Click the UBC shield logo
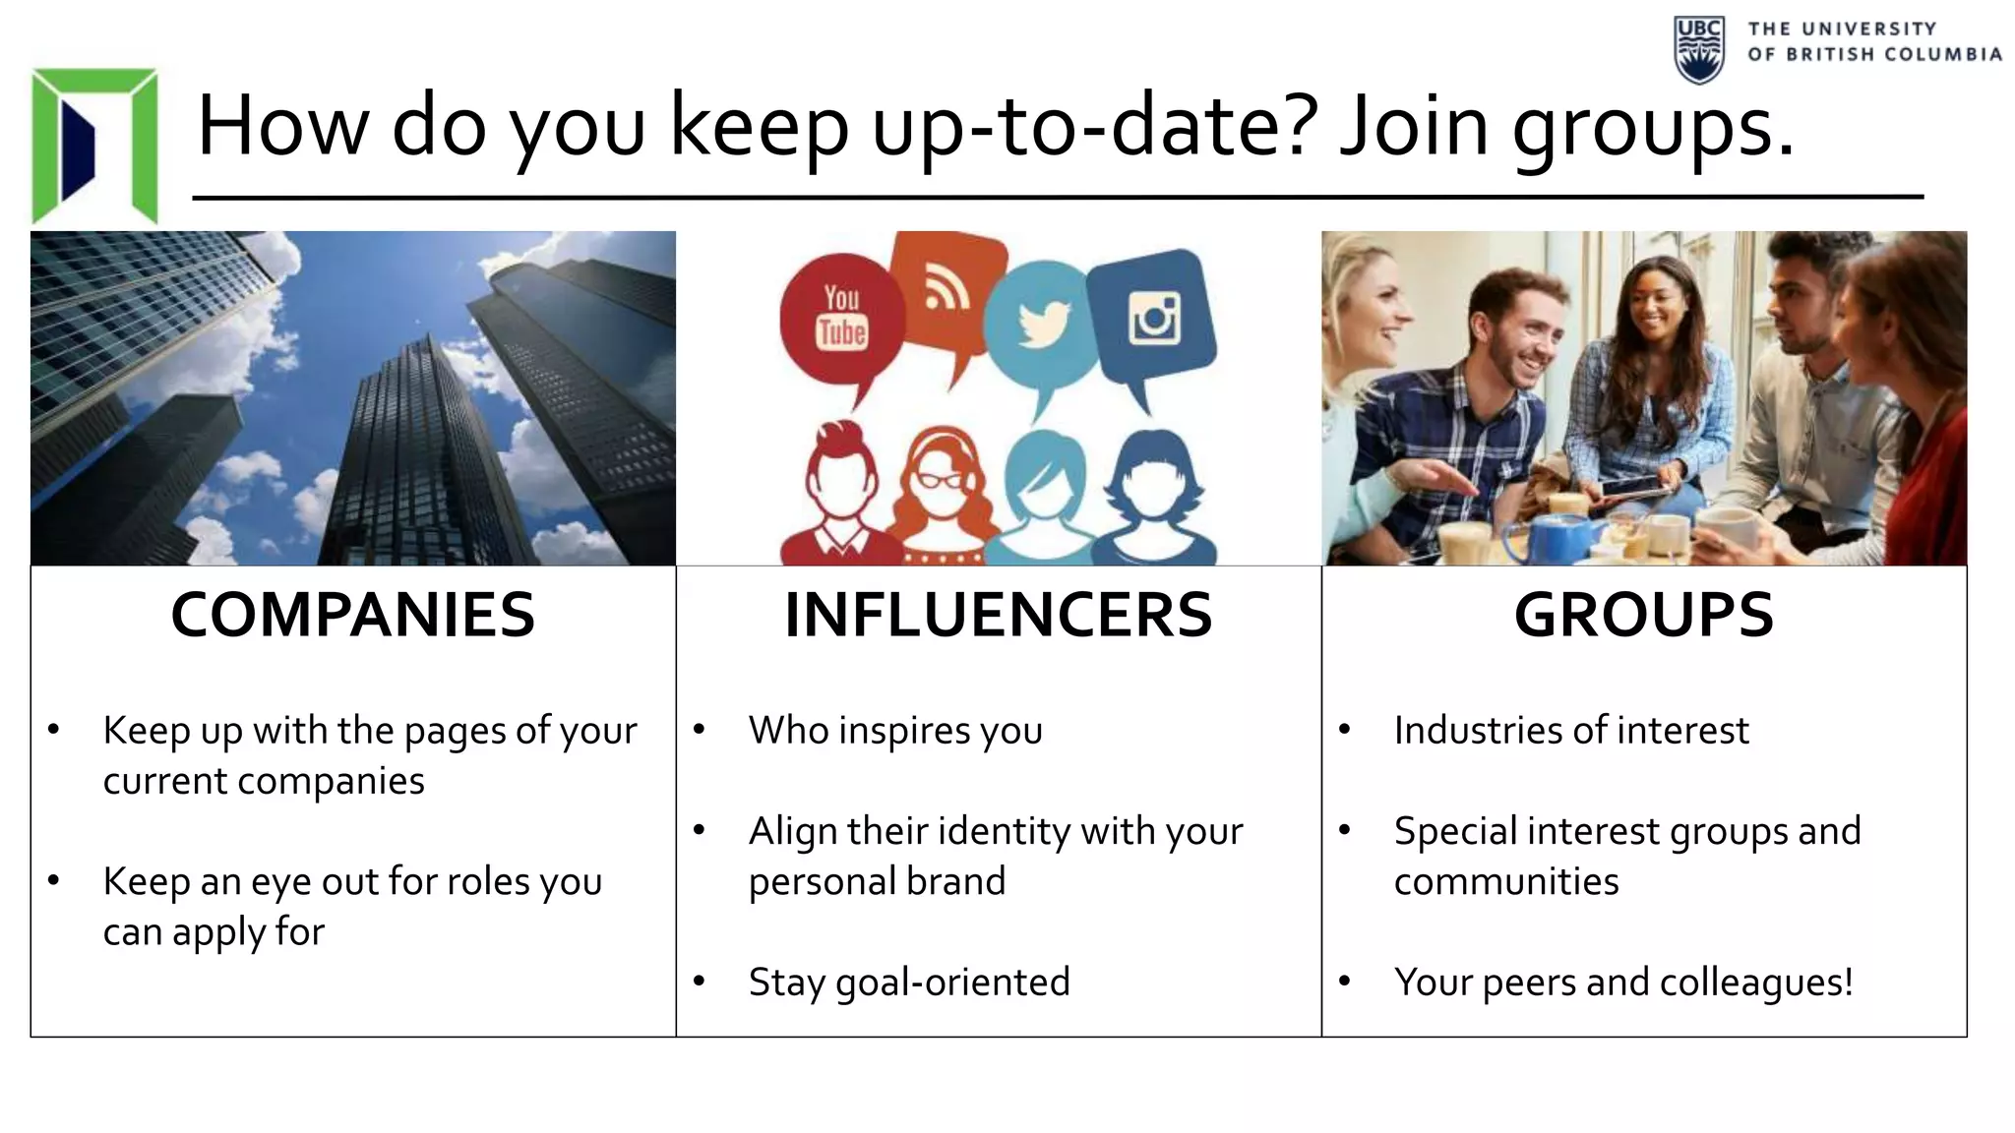[x=1698, y=49]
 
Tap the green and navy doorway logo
[x=94, y=146]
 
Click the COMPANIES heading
[x=352, y=615]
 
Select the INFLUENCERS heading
[x=998, y=615]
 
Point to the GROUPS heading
[x=1643, y=615]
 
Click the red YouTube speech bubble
[x=841, y=320]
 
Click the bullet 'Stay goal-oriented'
[x=908, y=982]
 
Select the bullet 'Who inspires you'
[x=895, y=730]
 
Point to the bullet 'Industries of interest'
[x=1571, y=730]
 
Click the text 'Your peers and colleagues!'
[x=1623, y=982]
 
